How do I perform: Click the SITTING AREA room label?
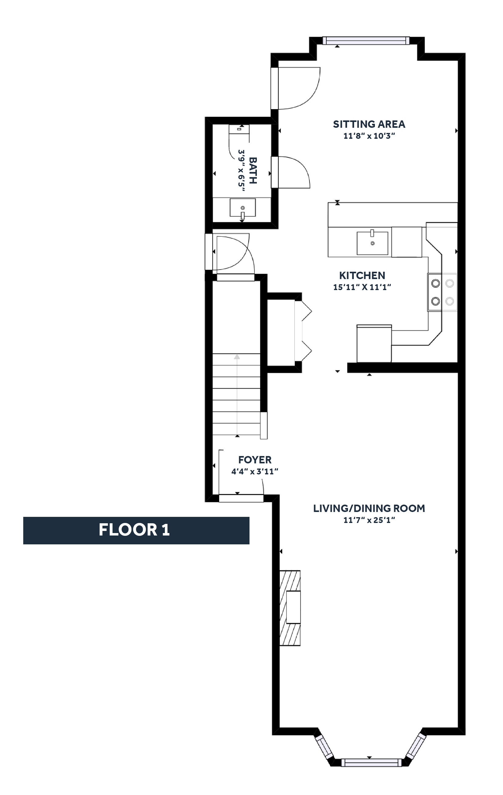coord(368,124)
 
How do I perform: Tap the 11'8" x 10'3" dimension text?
coord(369,136)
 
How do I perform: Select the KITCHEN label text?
coord(362,275)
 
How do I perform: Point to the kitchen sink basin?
coord(372,243)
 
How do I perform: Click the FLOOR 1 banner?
coord(136,530)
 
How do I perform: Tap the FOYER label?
coord(255,460)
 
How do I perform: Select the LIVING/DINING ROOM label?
coord(368,508)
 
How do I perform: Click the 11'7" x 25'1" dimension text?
coord(369,520)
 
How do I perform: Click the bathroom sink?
coord(242,208)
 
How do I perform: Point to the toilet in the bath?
coord(239,129)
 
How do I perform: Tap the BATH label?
coord(253,170)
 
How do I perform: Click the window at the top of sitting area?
coord(366,41)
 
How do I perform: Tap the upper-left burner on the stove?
coord(436,283)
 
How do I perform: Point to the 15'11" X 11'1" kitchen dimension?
coord(362,287)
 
